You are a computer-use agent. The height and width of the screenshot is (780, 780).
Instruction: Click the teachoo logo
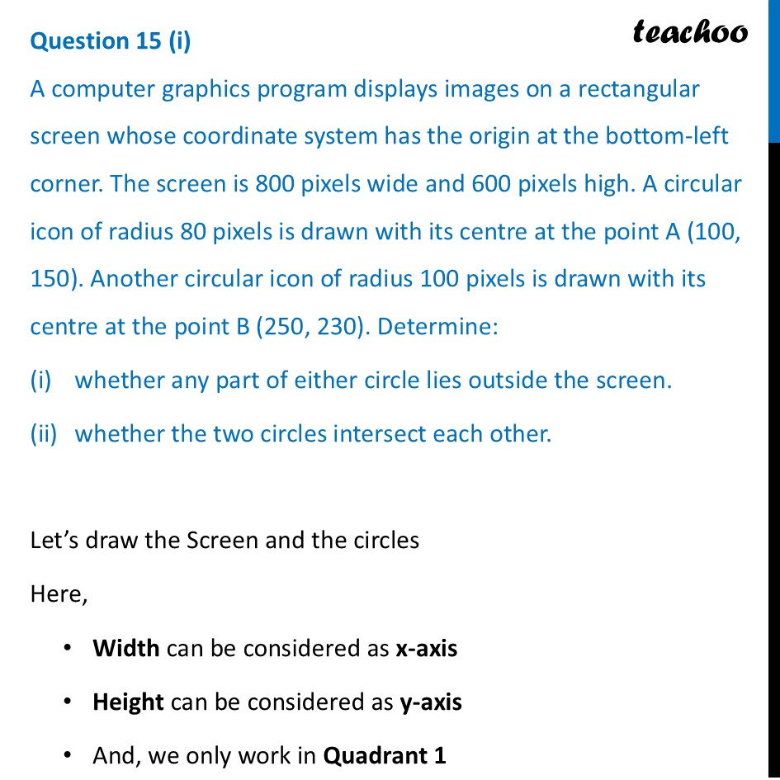tap(690, 31)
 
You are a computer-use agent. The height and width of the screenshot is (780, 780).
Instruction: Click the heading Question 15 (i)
tap(110, 41)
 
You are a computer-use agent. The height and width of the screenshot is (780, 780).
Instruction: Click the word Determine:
tap(437, 326)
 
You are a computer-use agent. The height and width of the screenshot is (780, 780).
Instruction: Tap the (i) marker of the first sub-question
tap(41, 381)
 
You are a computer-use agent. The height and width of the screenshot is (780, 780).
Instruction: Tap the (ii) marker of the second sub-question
tap(44, 433)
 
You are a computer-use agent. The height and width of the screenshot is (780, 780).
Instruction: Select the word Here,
tap(59, 593)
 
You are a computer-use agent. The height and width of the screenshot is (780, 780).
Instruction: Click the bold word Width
tap(126, 648)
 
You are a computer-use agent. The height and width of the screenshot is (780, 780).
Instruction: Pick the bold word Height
tap(129, 702)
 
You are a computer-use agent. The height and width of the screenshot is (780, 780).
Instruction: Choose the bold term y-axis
tap(431, 702)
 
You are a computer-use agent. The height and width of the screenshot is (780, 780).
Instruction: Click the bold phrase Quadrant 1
tap(385, 755)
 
